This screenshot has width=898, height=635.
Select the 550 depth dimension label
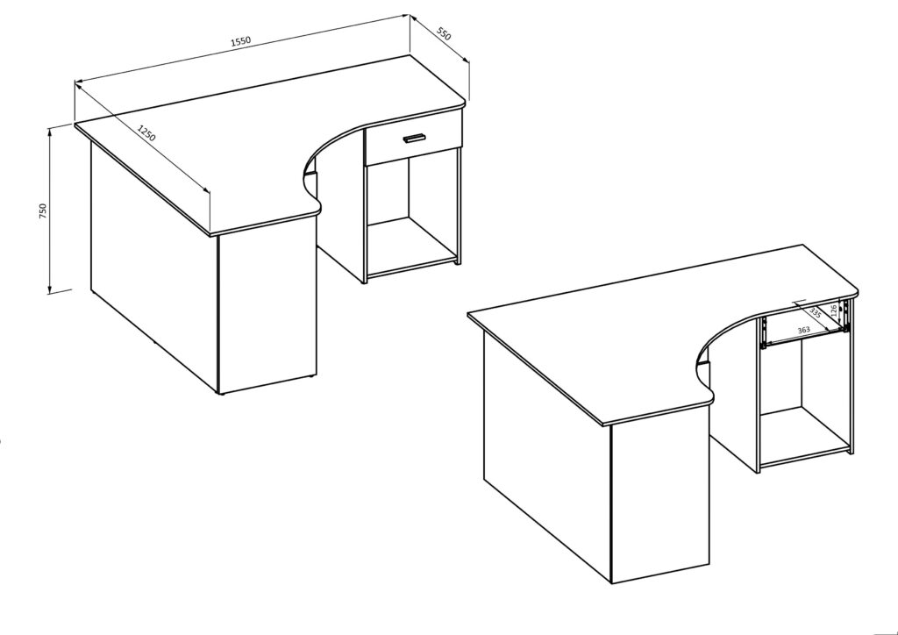[444, 35]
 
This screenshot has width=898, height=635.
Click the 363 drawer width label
[803, 330]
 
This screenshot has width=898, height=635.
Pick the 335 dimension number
[815, 313]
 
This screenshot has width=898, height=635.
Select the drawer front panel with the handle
[413, 144]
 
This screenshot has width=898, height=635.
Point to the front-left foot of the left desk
[223, 394]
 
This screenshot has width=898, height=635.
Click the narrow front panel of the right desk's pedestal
[659, 504]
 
